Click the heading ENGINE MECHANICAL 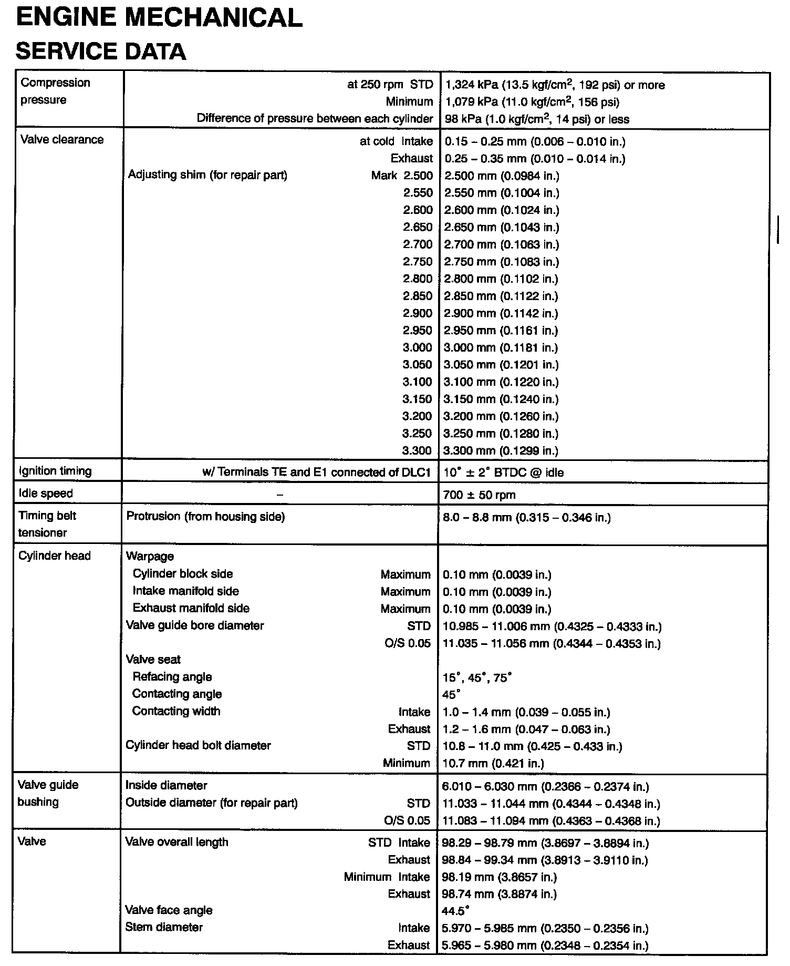point(159,18)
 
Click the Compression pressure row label point(55,91)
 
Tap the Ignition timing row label point(55,471)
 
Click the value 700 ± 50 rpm point(480,495)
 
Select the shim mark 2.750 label point(418,262)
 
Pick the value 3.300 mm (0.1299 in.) point(501,450)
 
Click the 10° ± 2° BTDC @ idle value point(503,472)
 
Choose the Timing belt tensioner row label point(47,524)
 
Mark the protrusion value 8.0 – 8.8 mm point(527,518)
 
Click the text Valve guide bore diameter point(195,625)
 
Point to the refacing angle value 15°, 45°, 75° point(477,678)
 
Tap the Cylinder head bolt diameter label point(198,745)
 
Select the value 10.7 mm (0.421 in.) point(493,763)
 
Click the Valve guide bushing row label point(48,793)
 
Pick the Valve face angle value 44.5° point(455,910)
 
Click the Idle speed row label point(46,494)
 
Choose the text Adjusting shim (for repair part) point(207,175)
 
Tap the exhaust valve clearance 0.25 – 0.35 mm point(535,159)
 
